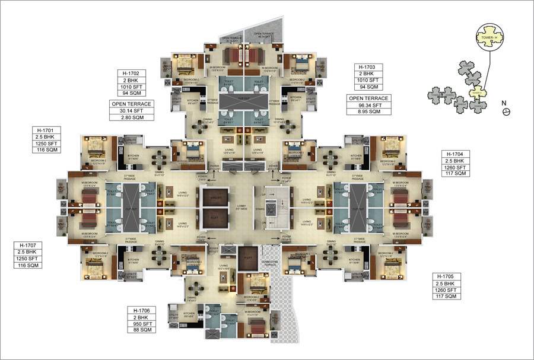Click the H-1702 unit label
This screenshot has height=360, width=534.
pos(130,73)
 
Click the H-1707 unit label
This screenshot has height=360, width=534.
pos(28,246)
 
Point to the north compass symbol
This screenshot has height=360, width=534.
pos(506,111)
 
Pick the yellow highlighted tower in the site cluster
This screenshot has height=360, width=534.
pos(478,93)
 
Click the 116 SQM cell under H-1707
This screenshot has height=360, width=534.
pos(28,265)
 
